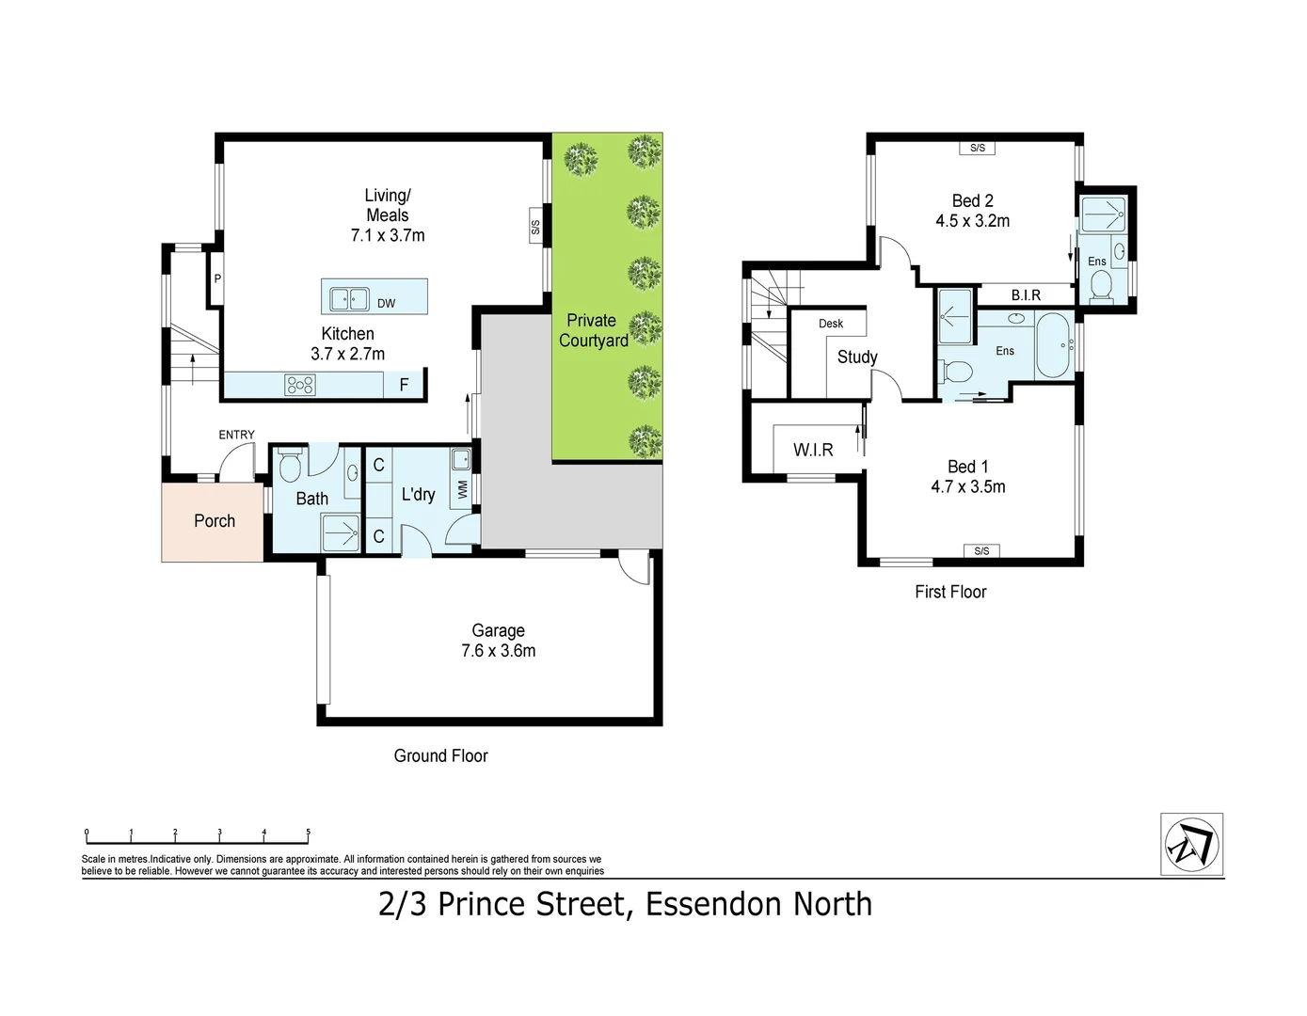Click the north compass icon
click(x=1191, y=844)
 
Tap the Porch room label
click(x=215, y=521)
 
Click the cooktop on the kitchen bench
click(x=300, y=385)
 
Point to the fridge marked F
click(x=405, y=385)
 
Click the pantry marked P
click(x=217, y=279)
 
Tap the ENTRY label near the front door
click(x=236, y=435)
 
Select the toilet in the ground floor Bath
click(x=290, y=465)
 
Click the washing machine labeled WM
click(x=462, y=490)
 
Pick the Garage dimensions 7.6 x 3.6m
click(x=499, y=651)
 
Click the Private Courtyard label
click(x=592, y=331)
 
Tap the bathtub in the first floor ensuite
click(x=1052, y=345)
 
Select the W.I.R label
click(x=813, y=451)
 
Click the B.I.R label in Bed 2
click(x=1026, y=295)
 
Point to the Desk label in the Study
click(x=831, y=324)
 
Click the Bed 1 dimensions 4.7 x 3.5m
click(x=968, y=487)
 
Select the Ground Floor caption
click(x=440, y=756)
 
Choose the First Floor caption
click(x=950, y=592)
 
